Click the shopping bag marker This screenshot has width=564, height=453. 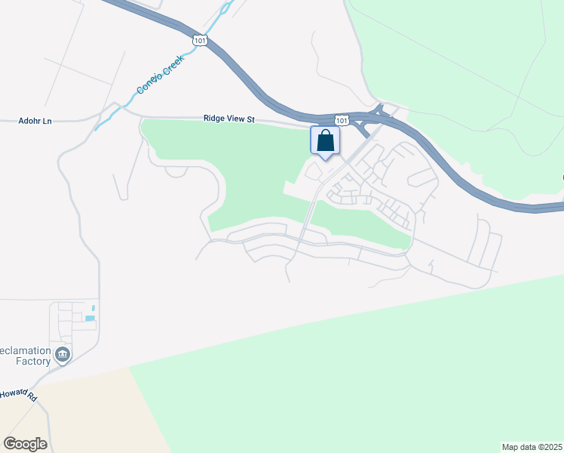click(325, 140)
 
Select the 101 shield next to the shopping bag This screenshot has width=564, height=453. click(342, 120)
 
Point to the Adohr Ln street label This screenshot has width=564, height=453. click(35, 121)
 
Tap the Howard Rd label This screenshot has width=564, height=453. click(17, 394)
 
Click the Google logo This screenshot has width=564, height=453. click(25, 444)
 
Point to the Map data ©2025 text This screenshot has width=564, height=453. click(532, 447)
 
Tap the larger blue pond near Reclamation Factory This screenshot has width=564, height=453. click(90, 319)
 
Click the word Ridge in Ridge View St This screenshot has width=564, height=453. click(215, 119)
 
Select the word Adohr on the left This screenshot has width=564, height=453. click(29, 121)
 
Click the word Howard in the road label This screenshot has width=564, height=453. click(11, 393)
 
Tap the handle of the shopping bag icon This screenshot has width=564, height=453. click(325, 134)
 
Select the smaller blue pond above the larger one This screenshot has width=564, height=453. click(93, 308)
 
